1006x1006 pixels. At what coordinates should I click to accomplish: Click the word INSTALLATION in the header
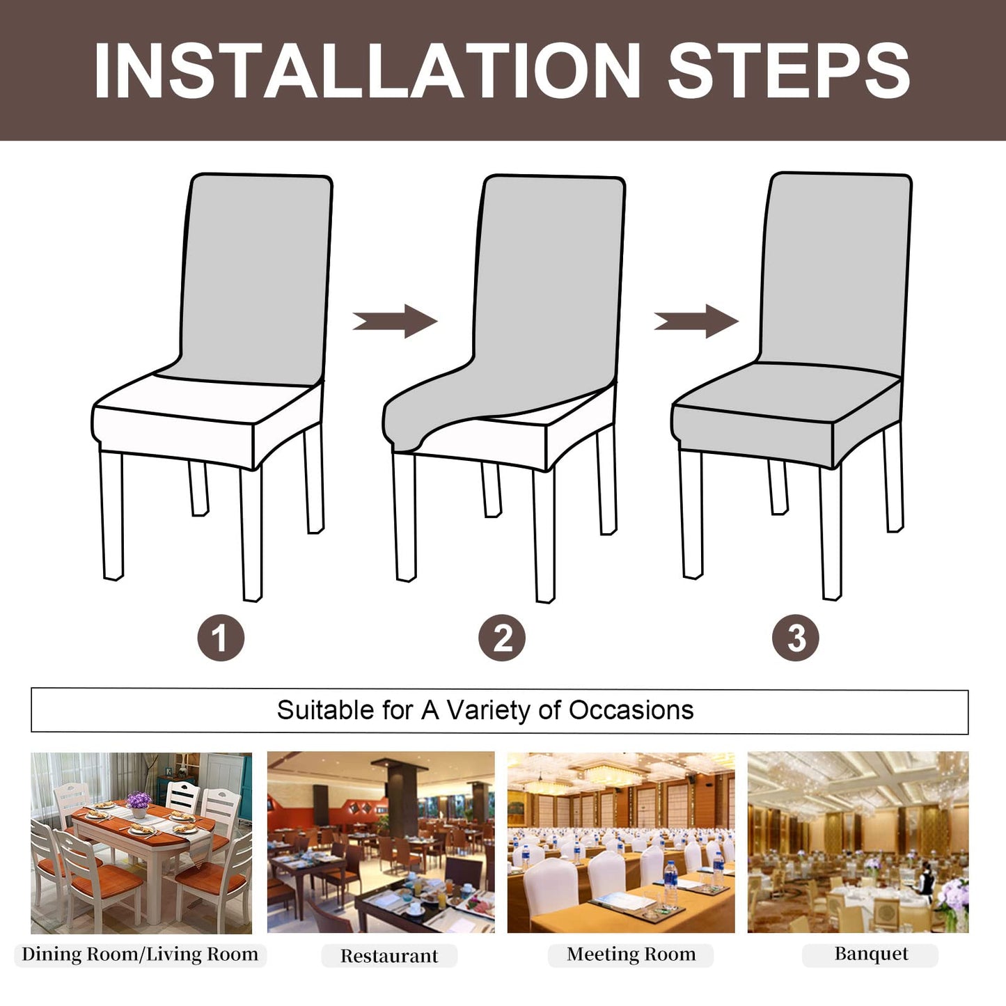[367, 71]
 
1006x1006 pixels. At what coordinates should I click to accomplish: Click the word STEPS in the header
[788, 71]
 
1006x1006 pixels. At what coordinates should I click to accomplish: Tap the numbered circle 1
[221, 638]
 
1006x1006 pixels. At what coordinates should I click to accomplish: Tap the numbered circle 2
[502, 638]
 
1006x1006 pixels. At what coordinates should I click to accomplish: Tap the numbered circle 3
[795, 638]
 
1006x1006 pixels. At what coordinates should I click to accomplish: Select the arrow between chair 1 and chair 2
[395, 321]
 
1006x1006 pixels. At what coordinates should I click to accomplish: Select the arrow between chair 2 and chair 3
[696, 321]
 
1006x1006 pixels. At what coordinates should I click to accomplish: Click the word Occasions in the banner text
[631, 710]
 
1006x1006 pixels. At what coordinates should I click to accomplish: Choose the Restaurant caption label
[389, 956]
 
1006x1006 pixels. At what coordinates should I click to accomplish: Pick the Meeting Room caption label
[631, 954]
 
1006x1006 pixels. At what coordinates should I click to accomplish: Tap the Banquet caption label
[871, 954]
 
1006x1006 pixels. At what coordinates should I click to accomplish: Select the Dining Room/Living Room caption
[140, 954]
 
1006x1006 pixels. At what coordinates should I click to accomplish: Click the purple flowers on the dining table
[139, 801]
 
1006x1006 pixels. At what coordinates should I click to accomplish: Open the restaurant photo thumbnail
[381, 842]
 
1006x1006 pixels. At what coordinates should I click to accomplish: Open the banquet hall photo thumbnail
[858, 842]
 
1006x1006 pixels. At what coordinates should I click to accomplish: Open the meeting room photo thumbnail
[620, 842]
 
